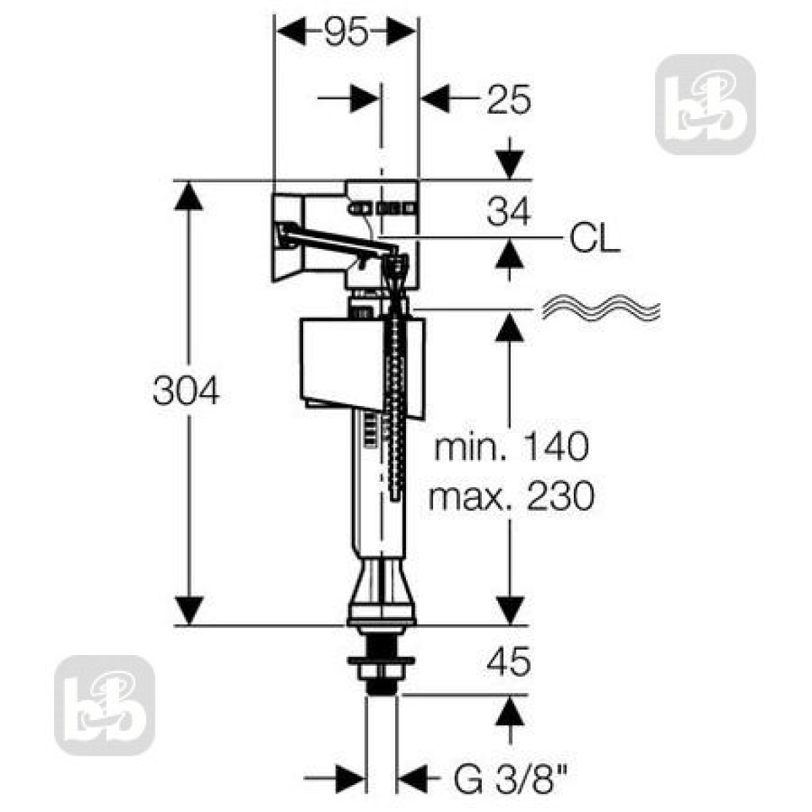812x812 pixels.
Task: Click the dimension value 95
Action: (346, 32)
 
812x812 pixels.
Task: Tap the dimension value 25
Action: (509, 100)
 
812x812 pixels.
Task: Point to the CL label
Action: (595, 238)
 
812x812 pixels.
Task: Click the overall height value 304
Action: (186, 390)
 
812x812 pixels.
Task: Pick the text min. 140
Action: (511, 446)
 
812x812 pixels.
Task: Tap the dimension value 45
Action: (508, 662)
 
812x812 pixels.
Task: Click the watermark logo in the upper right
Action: (704, 104)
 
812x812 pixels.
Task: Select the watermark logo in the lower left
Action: (104, 705)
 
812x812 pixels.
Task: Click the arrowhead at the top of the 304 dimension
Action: (189, 196)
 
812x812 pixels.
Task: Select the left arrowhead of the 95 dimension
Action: (291, 31)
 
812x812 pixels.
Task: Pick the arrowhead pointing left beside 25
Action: (435, 99)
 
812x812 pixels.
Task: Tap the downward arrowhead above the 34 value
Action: (510, 164)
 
